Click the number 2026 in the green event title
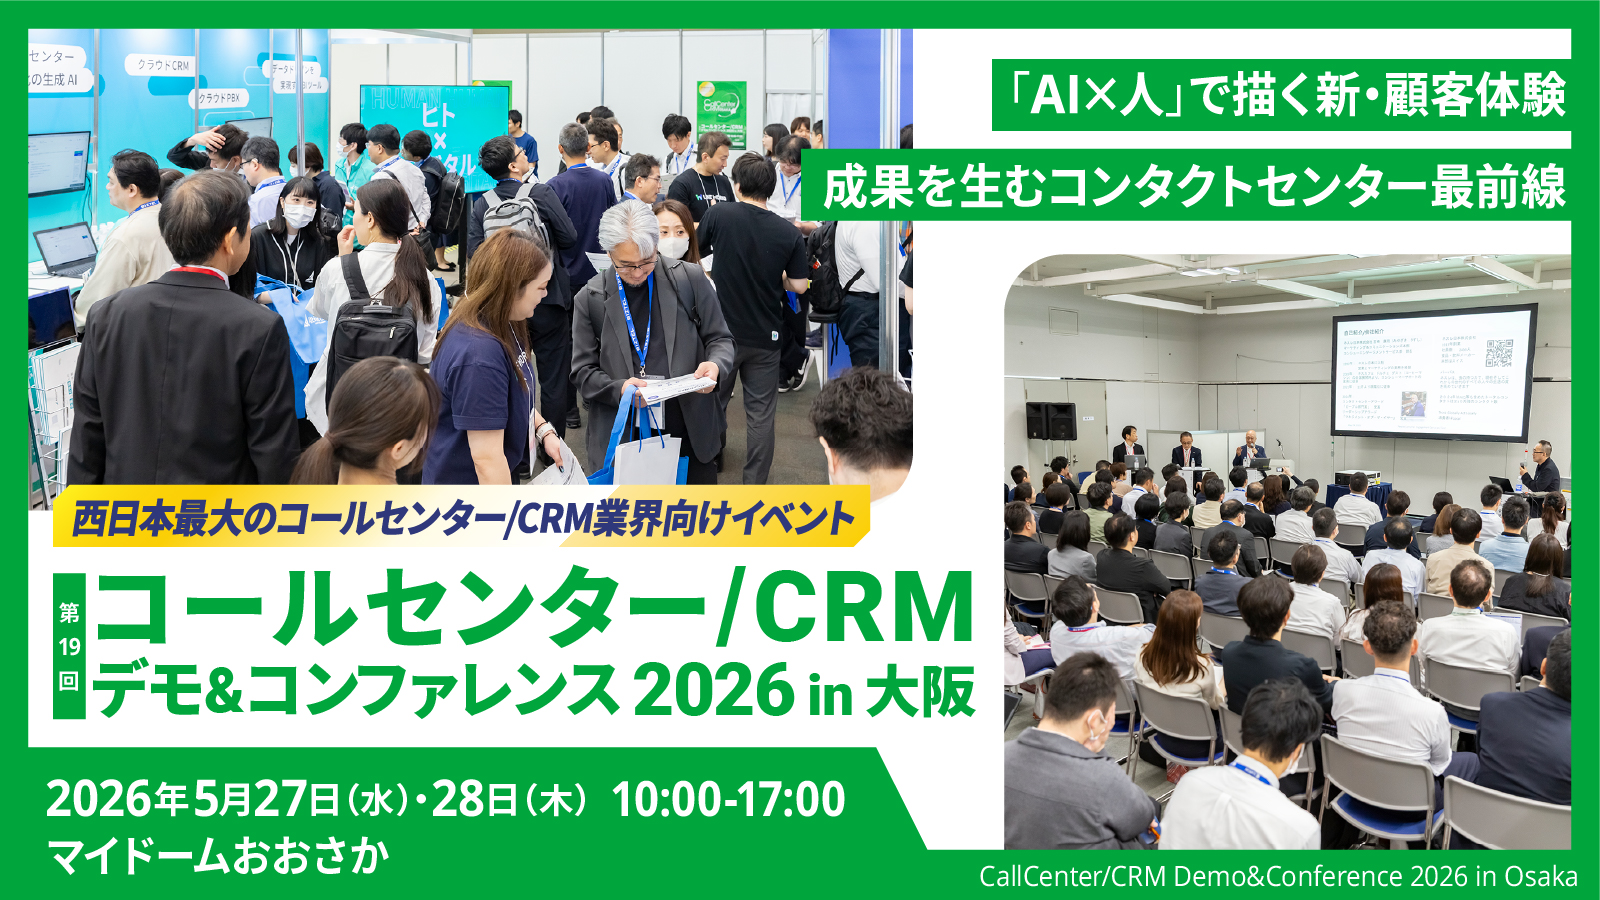[713, 690]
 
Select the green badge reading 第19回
[69, 646]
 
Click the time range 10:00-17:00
[728, 799]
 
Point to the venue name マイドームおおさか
[218, 856]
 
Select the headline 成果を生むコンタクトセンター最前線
[1194, 187]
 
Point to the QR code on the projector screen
[1498, 352]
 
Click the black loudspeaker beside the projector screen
[1050, 421]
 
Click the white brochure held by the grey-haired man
[676, 387]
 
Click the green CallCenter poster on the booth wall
[721, 116]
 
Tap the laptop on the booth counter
[66, 250]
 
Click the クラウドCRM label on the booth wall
[163, 65]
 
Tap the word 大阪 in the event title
[920, 691]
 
